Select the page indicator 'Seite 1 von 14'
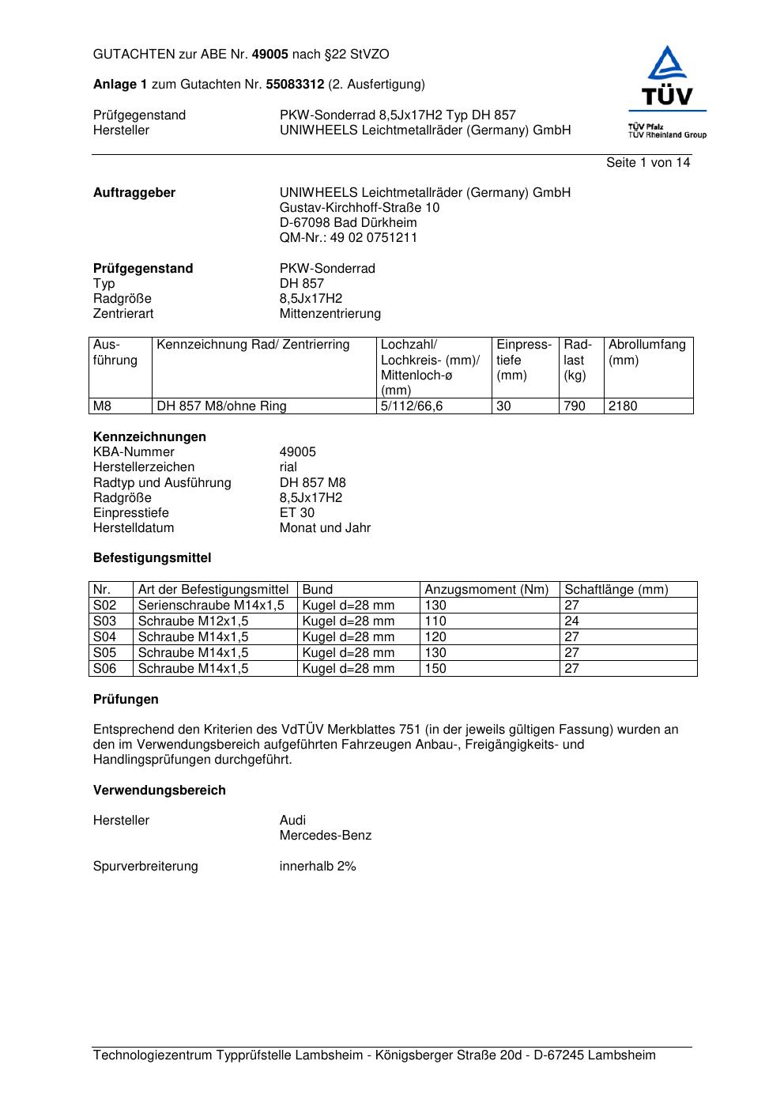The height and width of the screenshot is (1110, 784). (647, 163)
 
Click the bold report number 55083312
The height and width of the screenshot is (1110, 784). (295, 85)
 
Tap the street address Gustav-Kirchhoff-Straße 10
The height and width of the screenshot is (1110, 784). (360, 208)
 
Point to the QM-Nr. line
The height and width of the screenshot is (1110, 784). (348, 238)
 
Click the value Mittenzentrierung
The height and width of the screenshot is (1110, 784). (330, 314)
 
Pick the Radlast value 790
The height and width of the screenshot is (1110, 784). (574, 406)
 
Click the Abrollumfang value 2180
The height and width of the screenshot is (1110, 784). (622, 406)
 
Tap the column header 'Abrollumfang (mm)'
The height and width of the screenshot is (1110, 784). (646, 353)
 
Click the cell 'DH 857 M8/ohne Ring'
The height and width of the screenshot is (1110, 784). (221, 406)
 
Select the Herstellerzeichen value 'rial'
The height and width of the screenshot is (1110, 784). (288, 467)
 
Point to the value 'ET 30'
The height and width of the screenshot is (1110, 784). (296, 513)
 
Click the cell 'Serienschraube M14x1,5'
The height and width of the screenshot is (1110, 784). (211, 606)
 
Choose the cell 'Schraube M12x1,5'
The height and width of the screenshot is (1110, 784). (193, 621)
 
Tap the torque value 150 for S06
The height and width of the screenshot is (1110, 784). (435, 669)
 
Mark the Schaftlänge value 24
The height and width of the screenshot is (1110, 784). (571, 621)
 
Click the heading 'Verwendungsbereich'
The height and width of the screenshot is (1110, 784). (159, 791)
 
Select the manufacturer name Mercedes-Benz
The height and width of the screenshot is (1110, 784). (325, 836)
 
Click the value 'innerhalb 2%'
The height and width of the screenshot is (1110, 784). (317, 866)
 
